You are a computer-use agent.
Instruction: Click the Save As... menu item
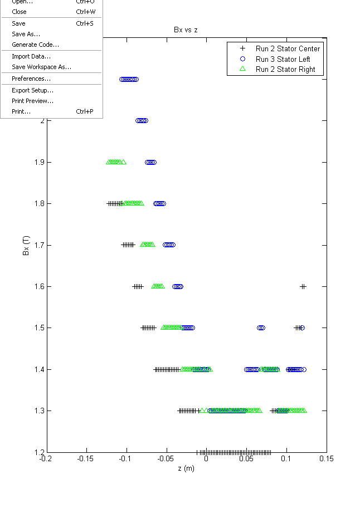[26, 34]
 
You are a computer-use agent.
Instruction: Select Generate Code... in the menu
[35, 45]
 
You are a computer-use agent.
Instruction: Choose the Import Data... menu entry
[31, 56]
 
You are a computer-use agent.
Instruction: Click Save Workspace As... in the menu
[41, 67]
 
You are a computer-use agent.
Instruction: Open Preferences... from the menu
[31, 79]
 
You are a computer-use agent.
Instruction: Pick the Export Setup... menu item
[32, 90]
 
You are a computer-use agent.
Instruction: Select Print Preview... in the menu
[32, 101]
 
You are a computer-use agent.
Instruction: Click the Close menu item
[19, 12]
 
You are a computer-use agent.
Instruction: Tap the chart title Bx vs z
[186, 30]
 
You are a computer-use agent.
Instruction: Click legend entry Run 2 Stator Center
[288, 48]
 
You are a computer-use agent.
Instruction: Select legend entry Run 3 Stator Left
[283, 59]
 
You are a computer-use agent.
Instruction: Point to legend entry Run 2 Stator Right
[285, 70]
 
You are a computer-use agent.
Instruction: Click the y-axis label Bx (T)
[26, 245]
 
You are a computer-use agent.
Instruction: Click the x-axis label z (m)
[186, 468]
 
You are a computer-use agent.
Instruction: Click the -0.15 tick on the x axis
[85, 459]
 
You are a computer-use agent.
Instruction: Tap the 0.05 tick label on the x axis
[246, 459]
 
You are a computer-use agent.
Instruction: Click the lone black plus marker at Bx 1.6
[303, 286]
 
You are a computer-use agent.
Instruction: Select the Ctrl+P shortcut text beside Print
[84, 111]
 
